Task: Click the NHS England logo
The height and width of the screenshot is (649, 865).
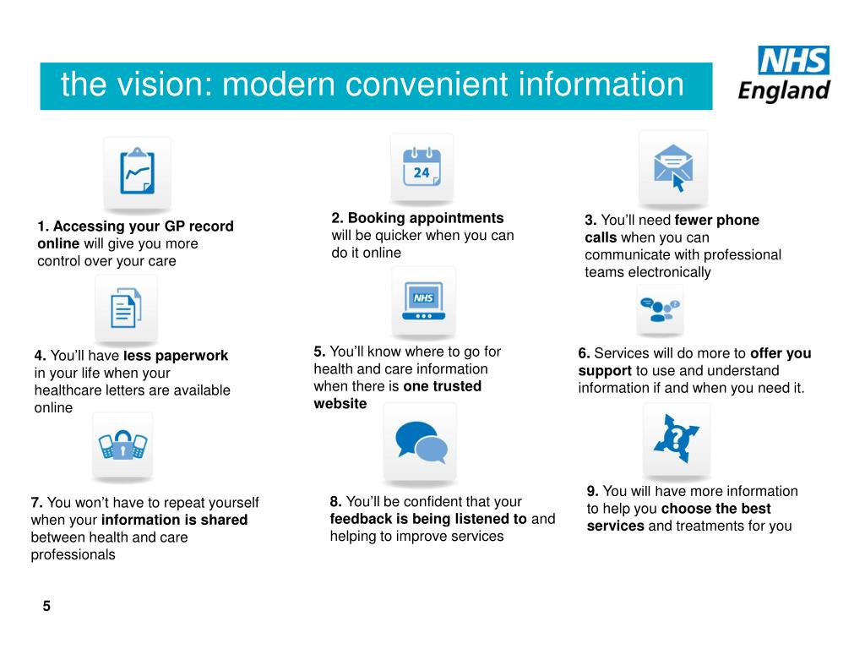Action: pyautogui.click(x=785, y=74)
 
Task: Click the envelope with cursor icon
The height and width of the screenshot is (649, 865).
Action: pyautogui.click(x=673, y=166)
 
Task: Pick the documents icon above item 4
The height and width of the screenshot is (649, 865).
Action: pyautogui.click(x=126, y=308)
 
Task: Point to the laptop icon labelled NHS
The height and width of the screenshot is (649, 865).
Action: pyautogui.click(x=423, y=302)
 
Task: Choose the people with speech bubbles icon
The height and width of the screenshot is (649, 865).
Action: pyautogui.click(x=661, y=309)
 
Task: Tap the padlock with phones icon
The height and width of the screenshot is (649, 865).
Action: pyautogui.click(x=122, y=444)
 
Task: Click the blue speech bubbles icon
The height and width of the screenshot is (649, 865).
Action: pyautogui.click(x=421, y=443)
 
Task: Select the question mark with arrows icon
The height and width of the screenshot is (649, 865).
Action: pyautogui.click(x=676, y=439)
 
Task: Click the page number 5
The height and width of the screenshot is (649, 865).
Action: pyautogui.click(x=47, y=606)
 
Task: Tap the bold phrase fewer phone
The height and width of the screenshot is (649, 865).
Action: pyautogui.click(x=717, y=221)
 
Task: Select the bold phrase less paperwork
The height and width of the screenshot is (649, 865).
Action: pyautogui.click(x=176, y=356)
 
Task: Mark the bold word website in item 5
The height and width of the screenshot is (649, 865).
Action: pyautogui.click(x=340, y=404)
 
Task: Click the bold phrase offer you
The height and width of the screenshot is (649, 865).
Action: pyautogui.click(x=781, y=353)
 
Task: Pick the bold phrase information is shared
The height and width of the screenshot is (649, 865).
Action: pyautogui.click(x=174, y=520)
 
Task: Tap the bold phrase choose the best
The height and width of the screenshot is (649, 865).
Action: pyautogui.click(x=716, y=509)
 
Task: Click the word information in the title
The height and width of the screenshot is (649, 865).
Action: pyautogui.click(x=601, y=85)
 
